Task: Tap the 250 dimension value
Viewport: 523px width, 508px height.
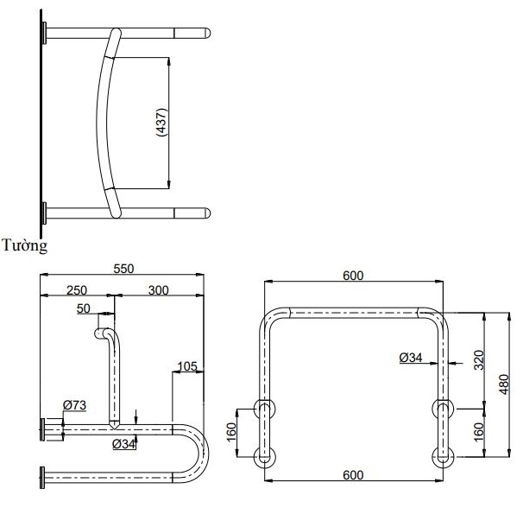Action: [76, 291]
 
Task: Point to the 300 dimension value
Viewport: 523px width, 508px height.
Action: [157, 291]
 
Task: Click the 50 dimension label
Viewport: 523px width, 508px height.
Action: [84, 309]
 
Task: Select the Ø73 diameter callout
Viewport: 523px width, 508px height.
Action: [74, 405]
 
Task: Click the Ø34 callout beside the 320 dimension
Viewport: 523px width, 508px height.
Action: [411, 357]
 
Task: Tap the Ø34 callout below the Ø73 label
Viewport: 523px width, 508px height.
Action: [124, 444]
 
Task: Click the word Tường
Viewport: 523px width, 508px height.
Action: [25, 245]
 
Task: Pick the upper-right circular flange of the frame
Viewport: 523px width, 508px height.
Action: [441, 405]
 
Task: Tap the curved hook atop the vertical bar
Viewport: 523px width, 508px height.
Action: [107, 333]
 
